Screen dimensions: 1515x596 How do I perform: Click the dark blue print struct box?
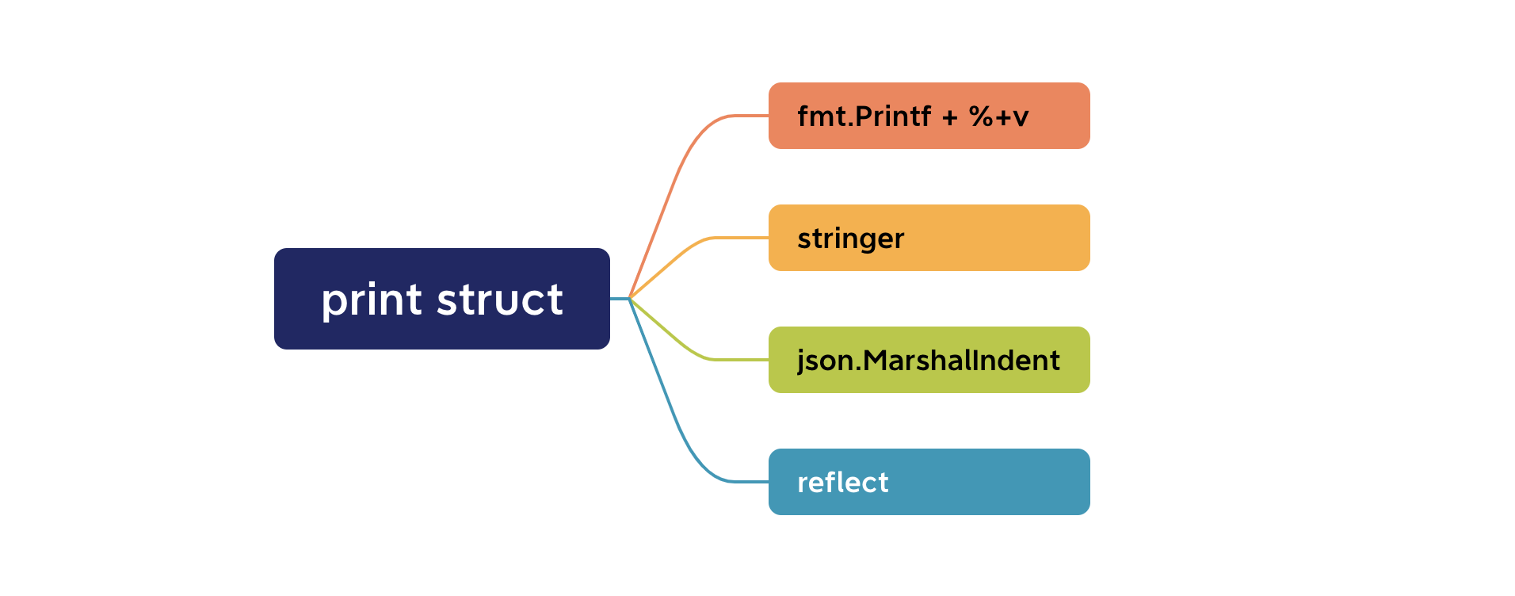442,299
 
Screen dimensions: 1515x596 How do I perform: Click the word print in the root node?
371,301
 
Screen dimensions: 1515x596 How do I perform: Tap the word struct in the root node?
500,300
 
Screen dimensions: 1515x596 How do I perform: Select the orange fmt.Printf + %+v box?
929,116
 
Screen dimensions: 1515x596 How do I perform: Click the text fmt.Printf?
864,117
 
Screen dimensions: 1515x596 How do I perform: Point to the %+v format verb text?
998,117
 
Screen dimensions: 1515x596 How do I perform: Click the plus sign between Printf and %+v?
950,117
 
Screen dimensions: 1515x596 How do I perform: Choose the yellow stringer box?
929,238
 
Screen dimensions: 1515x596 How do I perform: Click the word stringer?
850,239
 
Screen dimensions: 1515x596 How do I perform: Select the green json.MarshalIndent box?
929,360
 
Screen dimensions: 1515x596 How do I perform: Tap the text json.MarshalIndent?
928,361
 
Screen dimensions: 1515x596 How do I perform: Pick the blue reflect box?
929,482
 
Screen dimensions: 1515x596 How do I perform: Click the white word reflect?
842,482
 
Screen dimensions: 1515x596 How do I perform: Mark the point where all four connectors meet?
629,298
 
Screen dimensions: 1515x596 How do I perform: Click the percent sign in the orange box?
981,117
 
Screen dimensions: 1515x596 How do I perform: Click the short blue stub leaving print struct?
620,298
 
